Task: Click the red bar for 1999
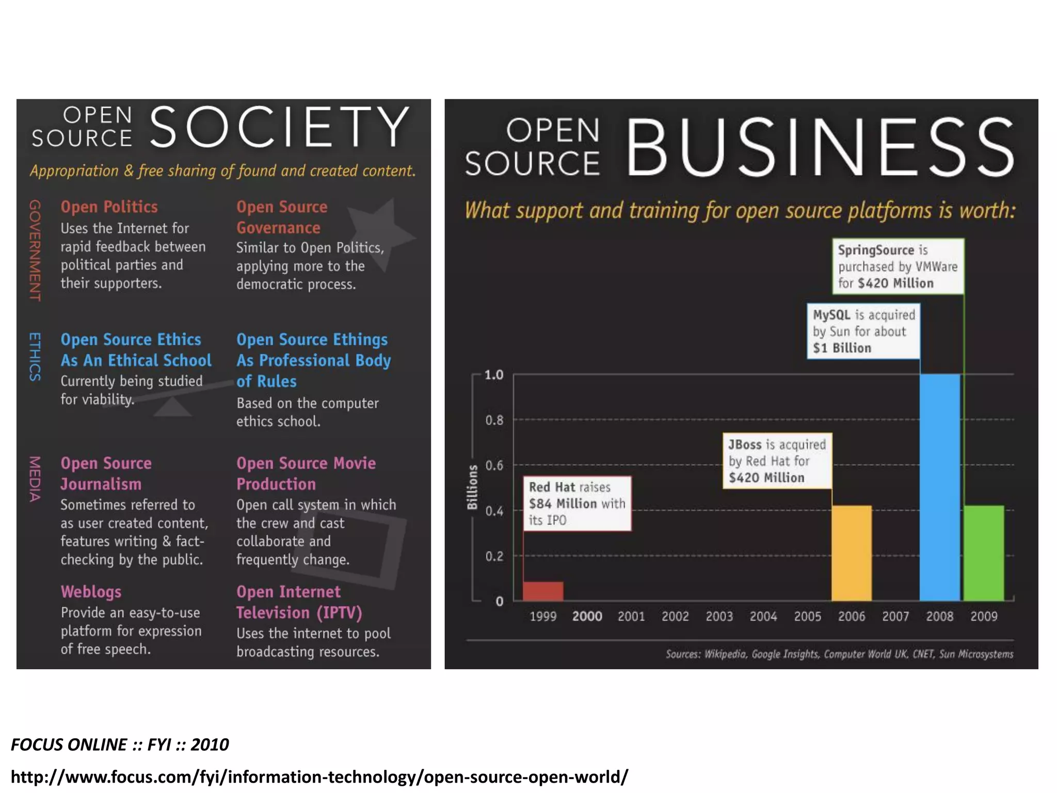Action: coord(543,591)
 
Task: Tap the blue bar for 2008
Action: coord(939,487)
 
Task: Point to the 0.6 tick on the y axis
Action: coord(494,465)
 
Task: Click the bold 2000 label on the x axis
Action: coord(587,616)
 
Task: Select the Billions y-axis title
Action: coord(472,487)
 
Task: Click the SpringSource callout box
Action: coord(898,266)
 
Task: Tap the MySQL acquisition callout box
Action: coord(863,331)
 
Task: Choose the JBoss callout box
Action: coord(777,461)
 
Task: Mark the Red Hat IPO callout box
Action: coord(576,503)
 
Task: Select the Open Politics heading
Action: coord(109,207)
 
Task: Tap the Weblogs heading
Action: coord(91,592)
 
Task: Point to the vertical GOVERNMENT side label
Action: coord(35,250)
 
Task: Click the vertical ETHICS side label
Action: coord(35,356)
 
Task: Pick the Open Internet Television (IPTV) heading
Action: coord(299,602)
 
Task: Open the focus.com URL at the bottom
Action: coord(319,776)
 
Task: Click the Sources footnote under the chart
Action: coord(839,654)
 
